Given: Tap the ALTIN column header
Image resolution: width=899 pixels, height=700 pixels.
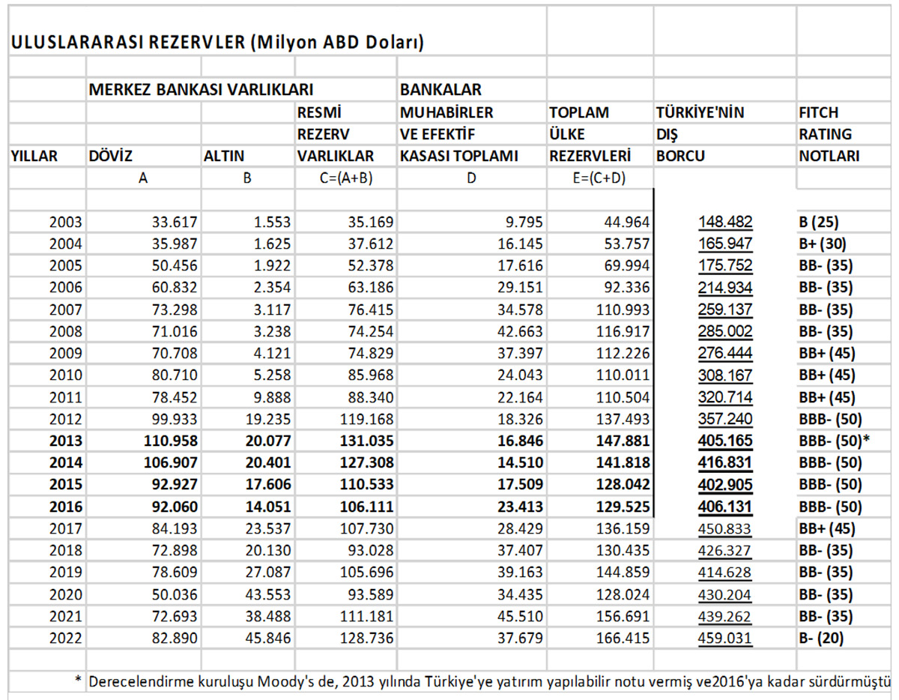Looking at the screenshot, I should pyautogui.click(x=224, y=157).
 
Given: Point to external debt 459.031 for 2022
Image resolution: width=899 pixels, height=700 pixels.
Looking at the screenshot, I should pyautogui.click(x=725, y=639).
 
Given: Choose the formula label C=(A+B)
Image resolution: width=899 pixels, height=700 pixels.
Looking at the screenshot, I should pyautogui.click(x=345, y=179).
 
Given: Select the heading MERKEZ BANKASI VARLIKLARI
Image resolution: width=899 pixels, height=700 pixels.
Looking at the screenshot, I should pyautogui.click(x=201, y=90).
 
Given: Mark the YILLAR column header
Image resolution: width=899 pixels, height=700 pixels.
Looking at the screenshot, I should pyautogui.click(x=34, y=157).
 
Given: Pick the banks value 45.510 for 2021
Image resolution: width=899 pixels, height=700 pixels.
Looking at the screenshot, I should pyautogui.click(x=515, y=617).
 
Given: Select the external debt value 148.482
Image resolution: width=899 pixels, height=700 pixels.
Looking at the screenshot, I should pyautogui.click(x=725, y=223).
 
